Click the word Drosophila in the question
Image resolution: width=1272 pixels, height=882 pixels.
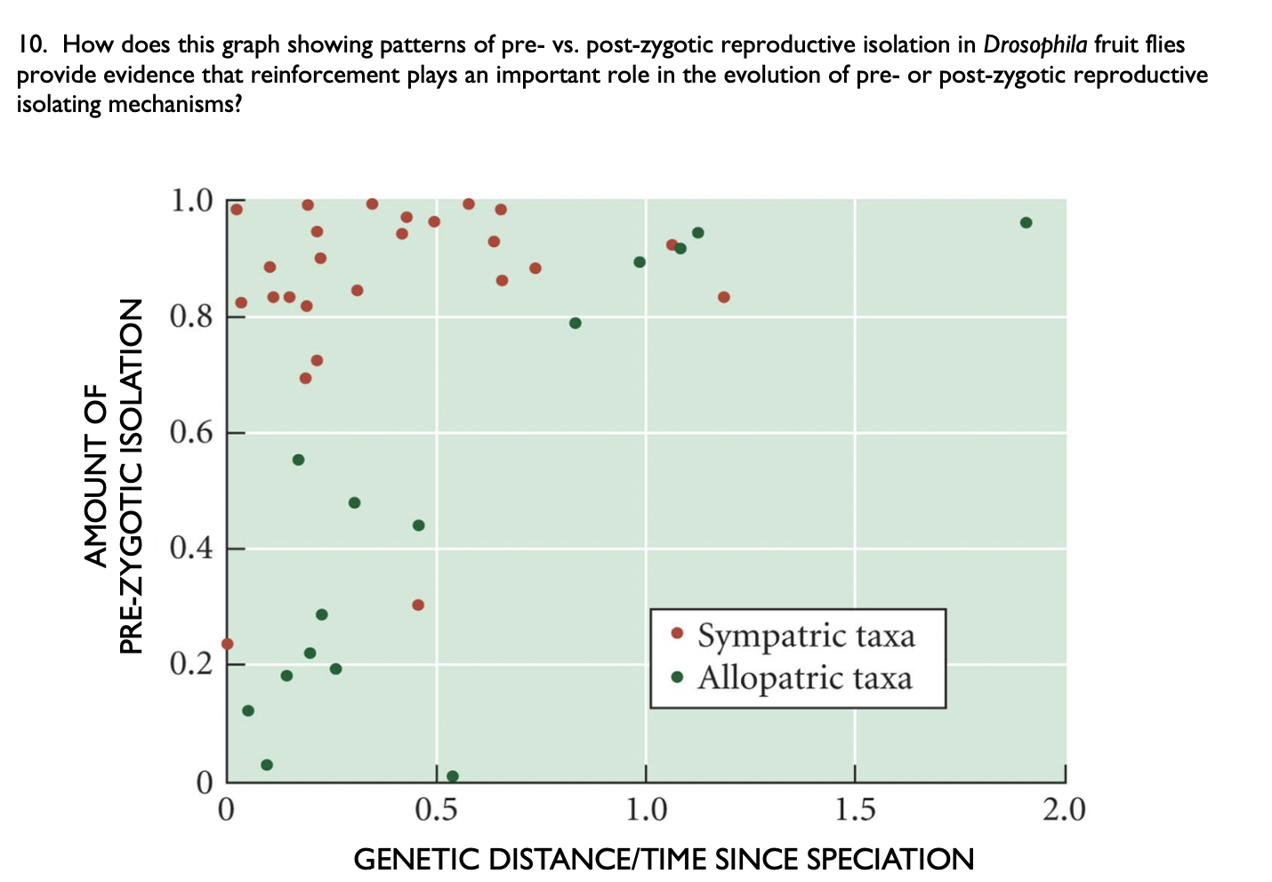pos(1035,44)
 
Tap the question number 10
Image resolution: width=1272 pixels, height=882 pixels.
pos(31,44)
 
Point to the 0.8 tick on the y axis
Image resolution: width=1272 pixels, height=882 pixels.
pos(191,317)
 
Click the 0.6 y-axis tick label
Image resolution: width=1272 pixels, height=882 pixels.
pos(191,433)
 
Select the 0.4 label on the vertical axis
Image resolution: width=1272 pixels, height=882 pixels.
pos(191,548)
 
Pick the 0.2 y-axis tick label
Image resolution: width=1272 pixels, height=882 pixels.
pos(191,664)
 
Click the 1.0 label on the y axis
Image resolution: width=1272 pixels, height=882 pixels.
pos(191,201)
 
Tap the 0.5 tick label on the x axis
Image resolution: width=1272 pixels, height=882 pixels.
pos(436,810)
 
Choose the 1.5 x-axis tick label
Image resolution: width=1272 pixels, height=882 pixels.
pos(855,810)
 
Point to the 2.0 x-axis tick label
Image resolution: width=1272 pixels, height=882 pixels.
pos(1065,810)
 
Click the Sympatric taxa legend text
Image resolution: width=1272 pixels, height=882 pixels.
pos(806,636)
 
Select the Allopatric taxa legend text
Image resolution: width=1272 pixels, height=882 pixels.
pos(805,678)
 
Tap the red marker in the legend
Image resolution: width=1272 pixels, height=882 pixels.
pos(677,634)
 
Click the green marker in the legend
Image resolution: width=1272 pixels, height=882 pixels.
pos(677,678)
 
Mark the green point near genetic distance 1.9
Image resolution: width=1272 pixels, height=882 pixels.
pos(1026,222)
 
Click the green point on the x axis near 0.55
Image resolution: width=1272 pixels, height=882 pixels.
pos(452,776)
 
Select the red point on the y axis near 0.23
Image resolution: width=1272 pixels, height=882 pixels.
pos(227,644)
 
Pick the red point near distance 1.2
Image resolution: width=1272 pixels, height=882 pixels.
pos(723,297)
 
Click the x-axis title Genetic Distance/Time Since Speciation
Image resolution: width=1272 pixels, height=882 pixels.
pos(664,860)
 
